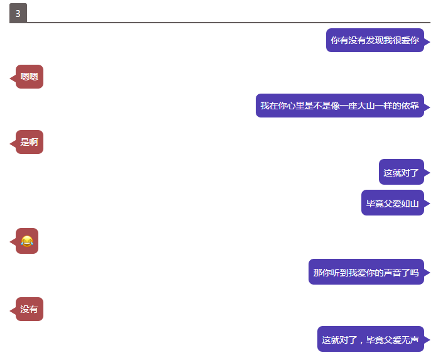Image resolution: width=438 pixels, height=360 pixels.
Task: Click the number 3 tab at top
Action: point(18,13)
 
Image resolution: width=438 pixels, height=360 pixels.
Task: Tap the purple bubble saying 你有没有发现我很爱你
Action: point(375,40)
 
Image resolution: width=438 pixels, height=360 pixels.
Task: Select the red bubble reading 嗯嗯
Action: point(30,77)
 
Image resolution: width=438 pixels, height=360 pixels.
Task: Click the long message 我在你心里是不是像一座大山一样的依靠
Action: point(339,106)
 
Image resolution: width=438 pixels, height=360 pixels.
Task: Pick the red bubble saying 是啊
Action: point(30,142)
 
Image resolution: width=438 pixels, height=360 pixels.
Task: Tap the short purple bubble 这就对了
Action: point(401,172)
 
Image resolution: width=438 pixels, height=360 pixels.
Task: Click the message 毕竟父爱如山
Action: point(392,203)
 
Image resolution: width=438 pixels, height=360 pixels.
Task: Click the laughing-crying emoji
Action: point(26,241)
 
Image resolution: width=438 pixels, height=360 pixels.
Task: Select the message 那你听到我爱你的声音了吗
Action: point(366,273)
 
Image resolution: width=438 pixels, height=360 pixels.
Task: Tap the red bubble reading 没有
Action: point(30,309)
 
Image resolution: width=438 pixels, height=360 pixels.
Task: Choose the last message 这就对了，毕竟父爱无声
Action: point(370,340)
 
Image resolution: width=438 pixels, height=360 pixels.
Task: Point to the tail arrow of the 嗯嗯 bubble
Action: point(12,77)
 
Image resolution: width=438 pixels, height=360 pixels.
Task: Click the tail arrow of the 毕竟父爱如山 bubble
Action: point(427,204)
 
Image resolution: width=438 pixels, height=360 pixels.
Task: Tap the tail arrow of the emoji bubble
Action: point(12,241)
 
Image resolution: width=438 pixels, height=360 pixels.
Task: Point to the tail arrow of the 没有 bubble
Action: point(12,310)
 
